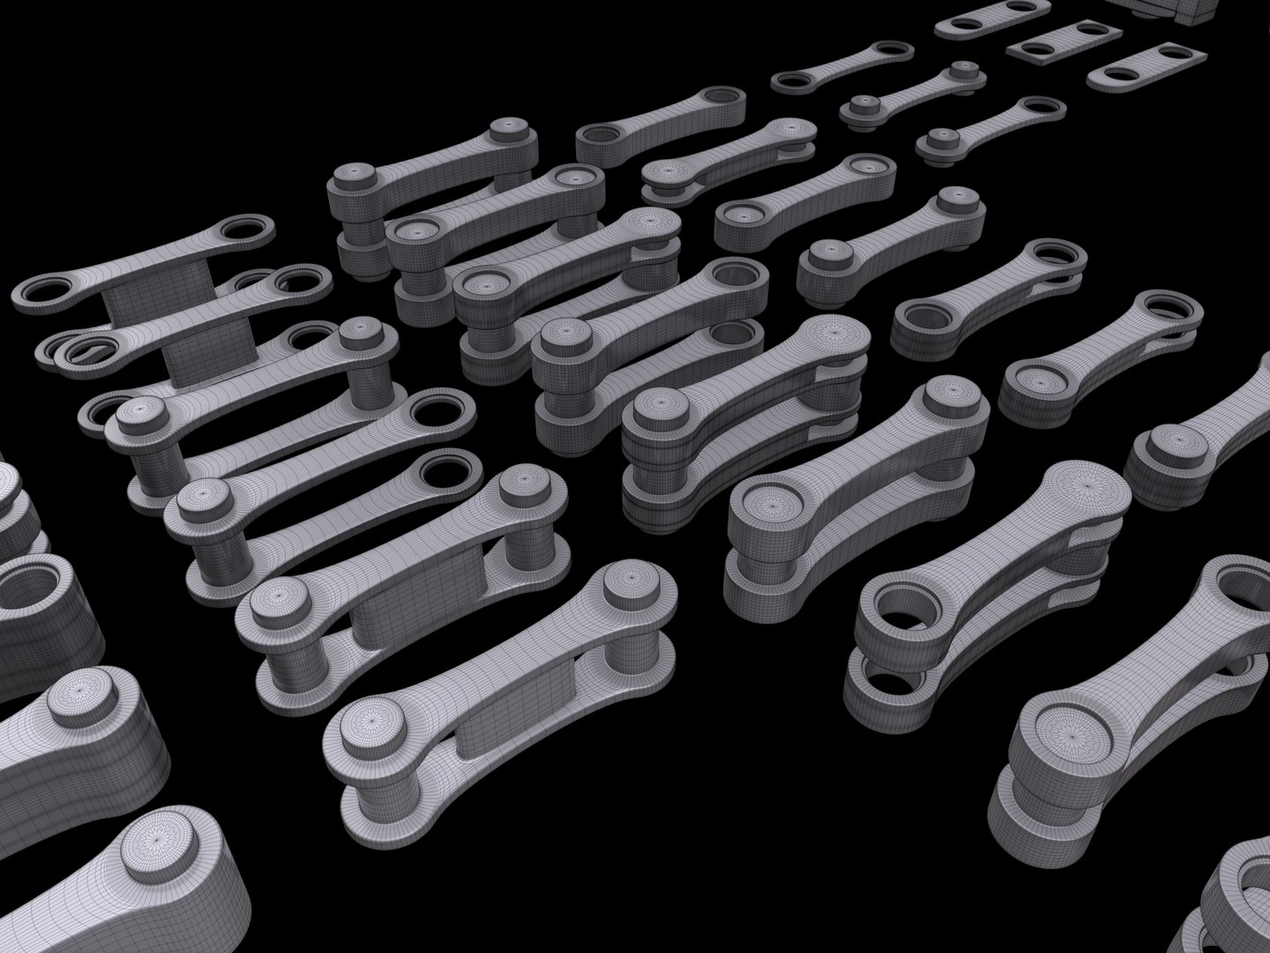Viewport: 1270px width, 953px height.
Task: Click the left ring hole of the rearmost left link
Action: (x=44, y=291)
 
